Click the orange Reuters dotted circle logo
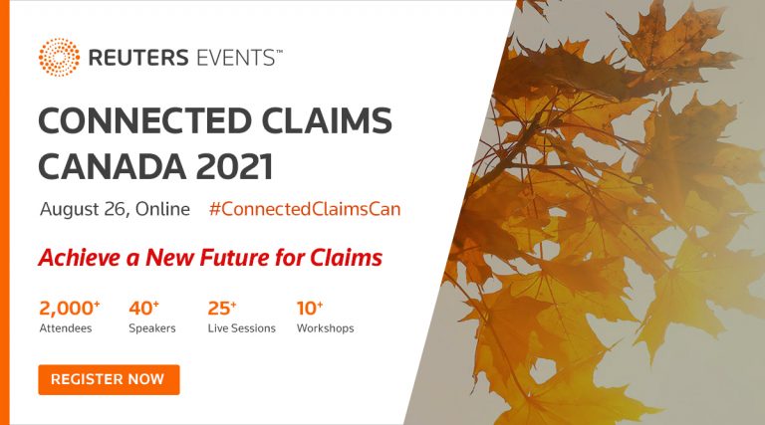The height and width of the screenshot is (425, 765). point(59,57)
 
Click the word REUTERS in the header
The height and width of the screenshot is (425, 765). point(138,58)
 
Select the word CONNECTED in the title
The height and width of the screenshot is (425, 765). point(144,120)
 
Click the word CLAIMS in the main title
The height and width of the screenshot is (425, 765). point(327,120)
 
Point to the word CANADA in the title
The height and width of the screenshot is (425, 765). point(113,166)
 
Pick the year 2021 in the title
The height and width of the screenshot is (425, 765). point(234,166)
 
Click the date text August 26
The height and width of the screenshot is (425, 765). point(85,209)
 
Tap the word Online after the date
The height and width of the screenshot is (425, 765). point(162,209)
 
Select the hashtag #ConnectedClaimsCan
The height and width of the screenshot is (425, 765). point(305,209)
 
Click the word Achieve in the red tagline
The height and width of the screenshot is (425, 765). point(80,258)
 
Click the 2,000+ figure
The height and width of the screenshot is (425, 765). point(70,308)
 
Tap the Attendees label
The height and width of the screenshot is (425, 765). point(66,328)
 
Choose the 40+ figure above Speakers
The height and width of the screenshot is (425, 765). point(143,308)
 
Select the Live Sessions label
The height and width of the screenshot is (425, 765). point(241,328)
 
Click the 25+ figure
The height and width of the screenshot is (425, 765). point(222,308)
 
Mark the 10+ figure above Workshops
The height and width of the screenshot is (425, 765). point(310,308)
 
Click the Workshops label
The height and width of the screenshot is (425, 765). point(326,328)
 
